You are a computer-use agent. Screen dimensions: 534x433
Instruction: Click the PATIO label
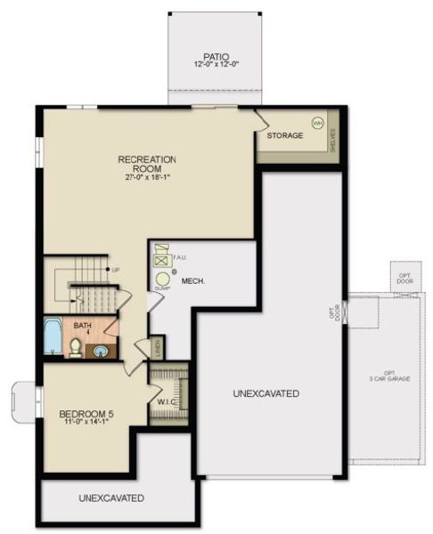[x=216, y=55]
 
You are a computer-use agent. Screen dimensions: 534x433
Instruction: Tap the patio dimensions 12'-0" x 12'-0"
[x=216, y=65]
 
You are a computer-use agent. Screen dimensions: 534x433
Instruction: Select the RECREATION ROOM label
[x=147, y=164]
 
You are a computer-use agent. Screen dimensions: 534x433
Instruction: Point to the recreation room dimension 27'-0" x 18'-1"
[x=147, y=177]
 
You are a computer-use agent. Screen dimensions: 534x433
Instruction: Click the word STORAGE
[x=285, y=135]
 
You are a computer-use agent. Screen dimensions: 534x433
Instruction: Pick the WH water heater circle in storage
[x=316, y=123]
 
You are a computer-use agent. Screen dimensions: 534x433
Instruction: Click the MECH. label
[x=194, y=281]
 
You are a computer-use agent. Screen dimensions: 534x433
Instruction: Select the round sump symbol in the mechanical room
[x=162, y=279]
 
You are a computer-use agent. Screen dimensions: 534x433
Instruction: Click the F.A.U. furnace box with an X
[x=162, y=262]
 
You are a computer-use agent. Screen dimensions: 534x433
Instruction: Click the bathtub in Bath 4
[x=53, y=343]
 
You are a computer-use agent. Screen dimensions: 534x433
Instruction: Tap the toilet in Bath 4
[x=76, y=347]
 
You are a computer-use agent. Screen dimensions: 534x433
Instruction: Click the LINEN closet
[x=157, y=347]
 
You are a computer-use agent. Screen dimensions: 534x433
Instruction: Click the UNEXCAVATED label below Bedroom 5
[x=111, y=498]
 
